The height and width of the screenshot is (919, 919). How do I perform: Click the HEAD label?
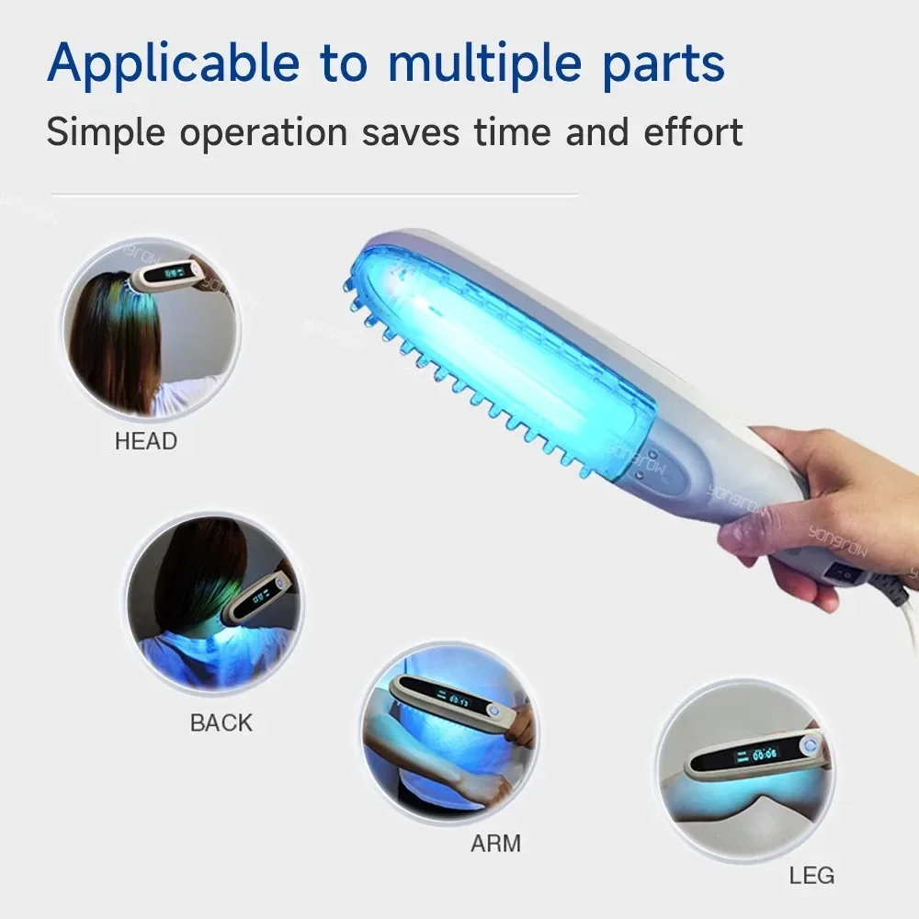pos(145,441)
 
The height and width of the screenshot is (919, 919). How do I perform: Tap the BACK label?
pos(221,722)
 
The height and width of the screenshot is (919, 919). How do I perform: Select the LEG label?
pos(811,874)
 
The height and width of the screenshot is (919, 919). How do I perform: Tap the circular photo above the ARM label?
pos(447,740)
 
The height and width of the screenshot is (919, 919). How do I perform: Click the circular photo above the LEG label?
pos(744,768)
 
